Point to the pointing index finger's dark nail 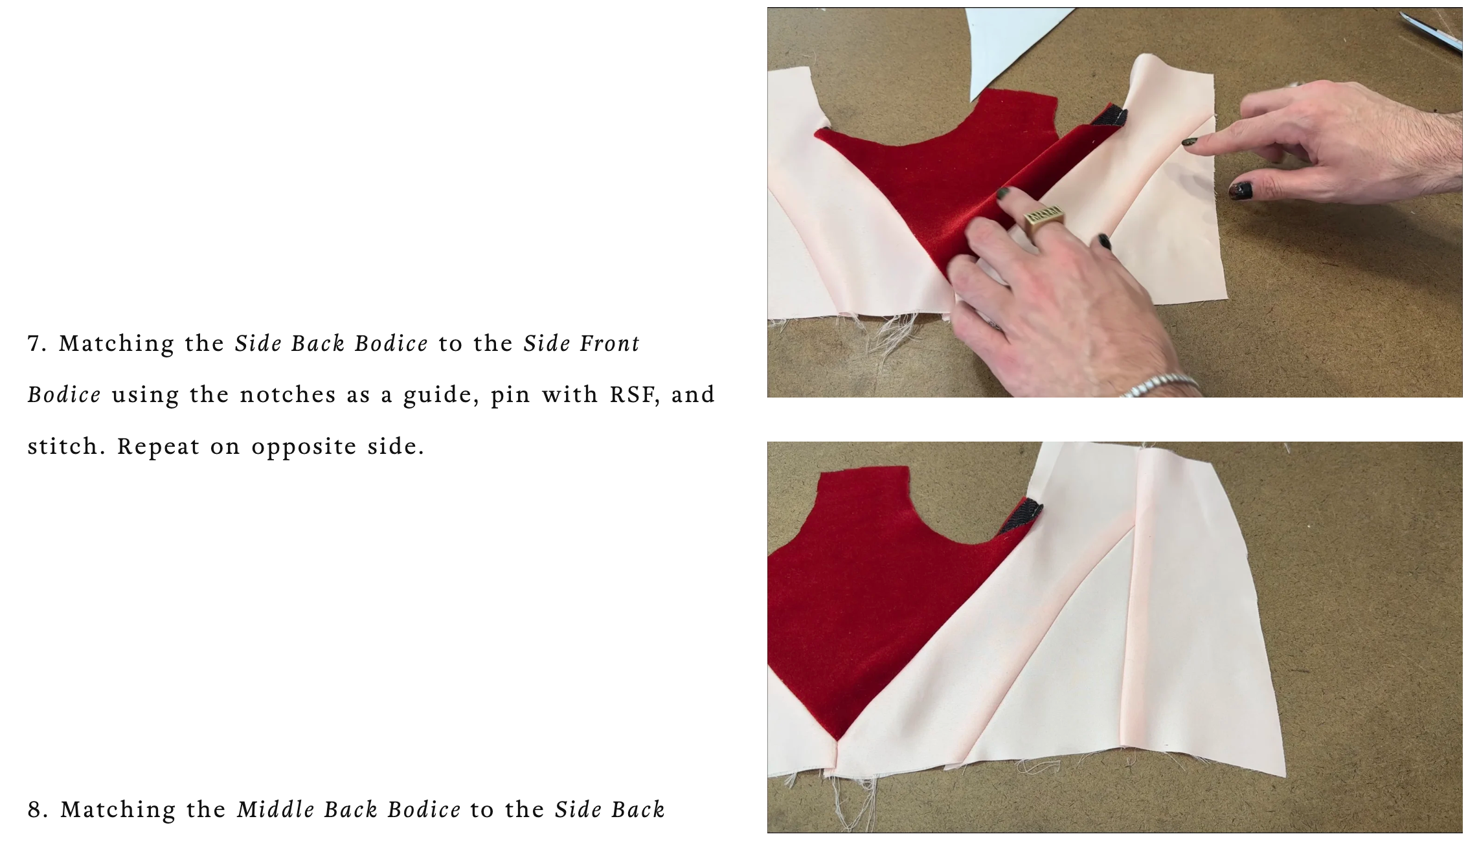click(1189, 142)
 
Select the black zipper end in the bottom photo click(1022, 516)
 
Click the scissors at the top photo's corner click(1434, 31)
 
